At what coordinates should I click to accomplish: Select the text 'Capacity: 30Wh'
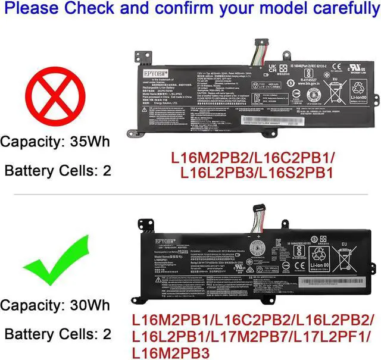pyautogui.click(x=55, y=305)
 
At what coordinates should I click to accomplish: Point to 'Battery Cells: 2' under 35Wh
pyautogui.click(x=57, y=171)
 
